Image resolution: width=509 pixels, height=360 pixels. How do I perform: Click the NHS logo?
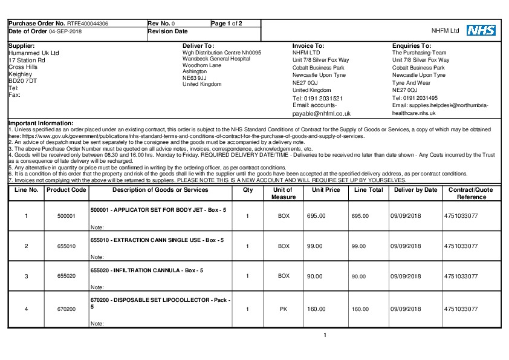(481, 30)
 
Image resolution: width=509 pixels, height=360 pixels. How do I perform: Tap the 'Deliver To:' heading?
(198, 45)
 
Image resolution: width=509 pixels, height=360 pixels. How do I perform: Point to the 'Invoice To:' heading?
(308, 45)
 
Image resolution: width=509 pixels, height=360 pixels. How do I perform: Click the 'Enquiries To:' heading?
(412, 45)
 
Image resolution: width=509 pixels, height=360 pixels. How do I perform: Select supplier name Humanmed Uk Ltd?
(34, 53)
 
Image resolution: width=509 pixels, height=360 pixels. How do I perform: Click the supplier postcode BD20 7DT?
(23, 80)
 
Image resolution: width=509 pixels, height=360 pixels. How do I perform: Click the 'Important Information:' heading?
(36, 123)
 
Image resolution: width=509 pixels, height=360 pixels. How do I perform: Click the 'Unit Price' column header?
(326, 190)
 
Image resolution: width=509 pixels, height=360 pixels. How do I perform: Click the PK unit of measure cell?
(284, 309)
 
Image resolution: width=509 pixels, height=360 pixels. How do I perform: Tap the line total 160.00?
(360, 309)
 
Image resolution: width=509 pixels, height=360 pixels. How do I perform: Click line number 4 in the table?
(26, 309)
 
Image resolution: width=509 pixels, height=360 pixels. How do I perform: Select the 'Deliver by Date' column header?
(415, 190)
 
